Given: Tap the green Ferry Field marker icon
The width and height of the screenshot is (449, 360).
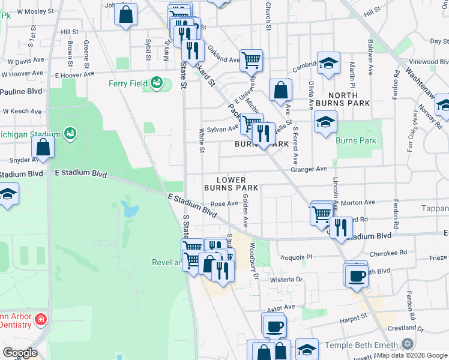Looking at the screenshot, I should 157,82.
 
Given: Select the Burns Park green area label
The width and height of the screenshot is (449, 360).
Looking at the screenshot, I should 357,141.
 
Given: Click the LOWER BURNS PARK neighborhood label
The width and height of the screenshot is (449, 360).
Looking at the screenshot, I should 231,184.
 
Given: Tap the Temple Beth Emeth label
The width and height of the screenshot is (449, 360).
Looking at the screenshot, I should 361,345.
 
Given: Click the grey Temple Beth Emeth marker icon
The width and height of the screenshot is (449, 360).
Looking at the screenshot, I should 408,344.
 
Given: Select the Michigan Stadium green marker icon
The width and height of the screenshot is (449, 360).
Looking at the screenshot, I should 70,131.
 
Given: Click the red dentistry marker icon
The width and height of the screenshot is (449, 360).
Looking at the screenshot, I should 40,319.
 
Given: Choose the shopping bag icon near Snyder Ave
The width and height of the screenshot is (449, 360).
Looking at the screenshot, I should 43,146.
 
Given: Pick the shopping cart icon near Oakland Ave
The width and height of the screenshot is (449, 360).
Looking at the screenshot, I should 251,59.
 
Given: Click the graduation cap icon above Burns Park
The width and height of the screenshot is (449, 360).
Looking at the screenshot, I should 325,122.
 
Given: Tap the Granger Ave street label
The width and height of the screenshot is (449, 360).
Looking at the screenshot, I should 309,169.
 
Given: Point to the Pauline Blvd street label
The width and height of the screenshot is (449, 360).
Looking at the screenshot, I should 21,91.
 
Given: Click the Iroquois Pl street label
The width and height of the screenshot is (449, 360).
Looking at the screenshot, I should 297,257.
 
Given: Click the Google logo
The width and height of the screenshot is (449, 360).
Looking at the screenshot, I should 20,353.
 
